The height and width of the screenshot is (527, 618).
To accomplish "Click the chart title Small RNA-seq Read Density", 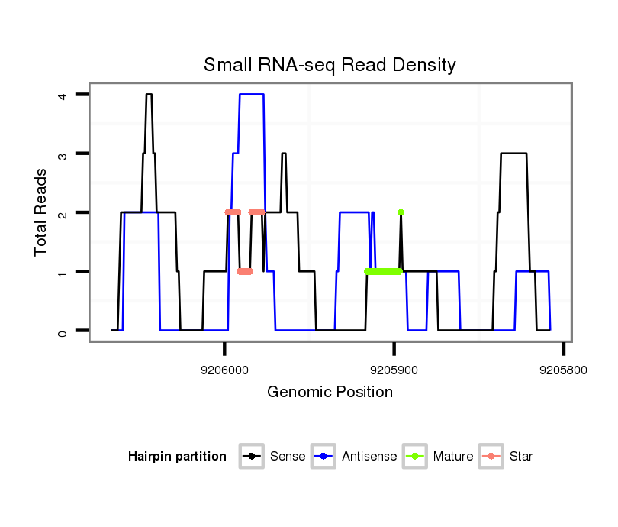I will (x=330, y=65).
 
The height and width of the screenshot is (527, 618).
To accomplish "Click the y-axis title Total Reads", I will (x=42, y=212).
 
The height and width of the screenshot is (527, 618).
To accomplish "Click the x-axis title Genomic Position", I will (x=330, y=393).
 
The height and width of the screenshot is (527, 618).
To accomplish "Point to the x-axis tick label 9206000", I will (x=224, y=368).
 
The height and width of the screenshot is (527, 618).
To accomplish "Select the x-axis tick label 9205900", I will (x=394, y=368).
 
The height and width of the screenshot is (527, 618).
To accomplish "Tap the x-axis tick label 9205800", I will (x=563, y=368).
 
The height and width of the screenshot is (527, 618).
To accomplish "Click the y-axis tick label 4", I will (x=62, y=95).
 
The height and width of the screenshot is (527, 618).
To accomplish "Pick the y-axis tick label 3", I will (x=62, y=154).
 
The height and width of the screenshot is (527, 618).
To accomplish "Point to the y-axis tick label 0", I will (x=62, y=331).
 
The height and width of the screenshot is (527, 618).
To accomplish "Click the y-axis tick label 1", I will (x=62, y=272).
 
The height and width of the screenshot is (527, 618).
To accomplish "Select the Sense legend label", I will (x=288, y=457).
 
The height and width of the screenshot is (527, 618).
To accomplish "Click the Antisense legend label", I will (x=369, y=457).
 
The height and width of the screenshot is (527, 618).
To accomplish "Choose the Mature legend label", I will (x=452, y=457).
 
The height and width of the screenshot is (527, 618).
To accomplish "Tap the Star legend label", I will (x=521, y=457).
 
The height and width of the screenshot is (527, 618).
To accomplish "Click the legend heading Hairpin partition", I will (x=177, y=457).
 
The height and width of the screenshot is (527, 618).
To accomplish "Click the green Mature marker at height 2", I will (x=401, y=212).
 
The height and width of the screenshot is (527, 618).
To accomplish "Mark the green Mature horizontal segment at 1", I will (x=383, y=271).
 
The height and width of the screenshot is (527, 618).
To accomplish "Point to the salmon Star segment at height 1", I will (x=245, y=271).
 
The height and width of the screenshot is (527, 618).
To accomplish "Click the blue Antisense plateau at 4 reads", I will (x=252, y=95).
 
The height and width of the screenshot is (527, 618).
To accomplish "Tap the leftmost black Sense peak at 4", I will (x=150, y=95).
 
